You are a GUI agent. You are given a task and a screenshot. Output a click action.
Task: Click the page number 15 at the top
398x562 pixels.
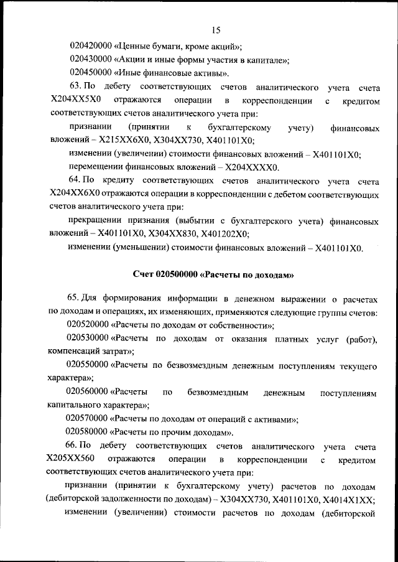pos(216,30)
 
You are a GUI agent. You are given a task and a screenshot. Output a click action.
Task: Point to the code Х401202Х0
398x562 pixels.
pos(223,235)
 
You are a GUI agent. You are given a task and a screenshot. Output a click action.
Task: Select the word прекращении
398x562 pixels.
pos(96,222)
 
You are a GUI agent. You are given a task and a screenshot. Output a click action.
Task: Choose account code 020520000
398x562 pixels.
pos(88,324)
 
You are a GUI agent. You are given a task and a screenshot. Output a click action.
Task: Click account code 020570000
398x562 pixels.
pos(88,418)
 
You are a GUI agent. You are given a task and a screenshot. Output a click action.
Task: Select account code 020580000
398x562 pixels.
pos(88,432)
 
